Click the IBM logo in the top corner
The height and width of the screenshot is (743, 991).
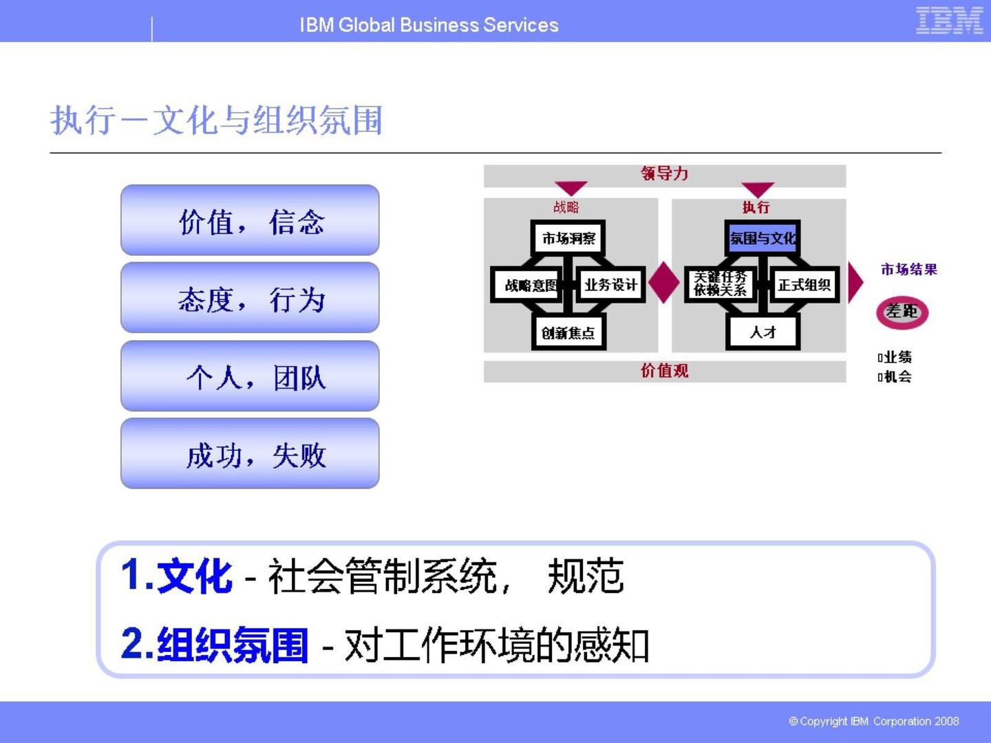[x=949, y=21]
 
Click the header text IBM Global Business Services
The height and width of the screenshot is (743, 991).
[x=429, y=25]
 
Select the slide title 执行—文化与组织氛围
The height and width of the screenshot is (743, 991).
[x=216, y=120]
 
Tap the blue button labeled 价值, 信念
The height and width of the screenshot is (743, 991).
[x=250, y=221]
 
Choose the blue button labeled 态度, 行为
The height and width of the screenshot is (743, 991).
[x=250, y=299]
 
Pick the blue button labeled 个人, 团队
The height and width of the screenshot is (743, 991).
[x=250, y=376]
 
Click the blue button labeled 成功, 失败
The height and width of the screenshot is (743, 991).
[x=250, y=454]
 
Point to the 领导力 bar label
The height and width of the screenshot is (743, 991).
[x=664, y=174]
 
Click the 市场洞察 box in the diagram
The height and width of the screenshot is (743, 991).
[x=568, y=239]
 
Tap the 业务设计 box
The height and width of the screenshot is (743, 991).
[x=610, y=285]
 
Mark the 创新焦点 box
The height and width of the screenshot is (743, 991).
[x=568, y=333]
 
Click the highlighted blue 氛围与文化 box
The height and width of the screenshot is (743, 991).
[x=763, y=239]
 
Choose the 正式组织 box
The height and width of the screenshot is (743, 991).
[x=804, y=285]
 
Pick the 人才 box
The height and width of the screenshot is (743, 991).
[x=763, y=333]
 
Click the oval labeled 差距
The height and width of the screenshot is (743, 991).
[x=902, y=312]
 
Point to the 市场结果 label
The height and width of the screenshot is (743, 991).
[x=908, y=270]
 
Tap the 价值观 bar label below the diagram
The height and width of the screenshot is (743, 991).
[x=664, y=371]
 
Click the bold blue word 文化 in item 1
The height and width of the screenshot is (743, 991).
[x=195, y=576]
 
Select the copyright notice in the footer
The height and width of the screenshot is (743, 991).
[x=873, y=721]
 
